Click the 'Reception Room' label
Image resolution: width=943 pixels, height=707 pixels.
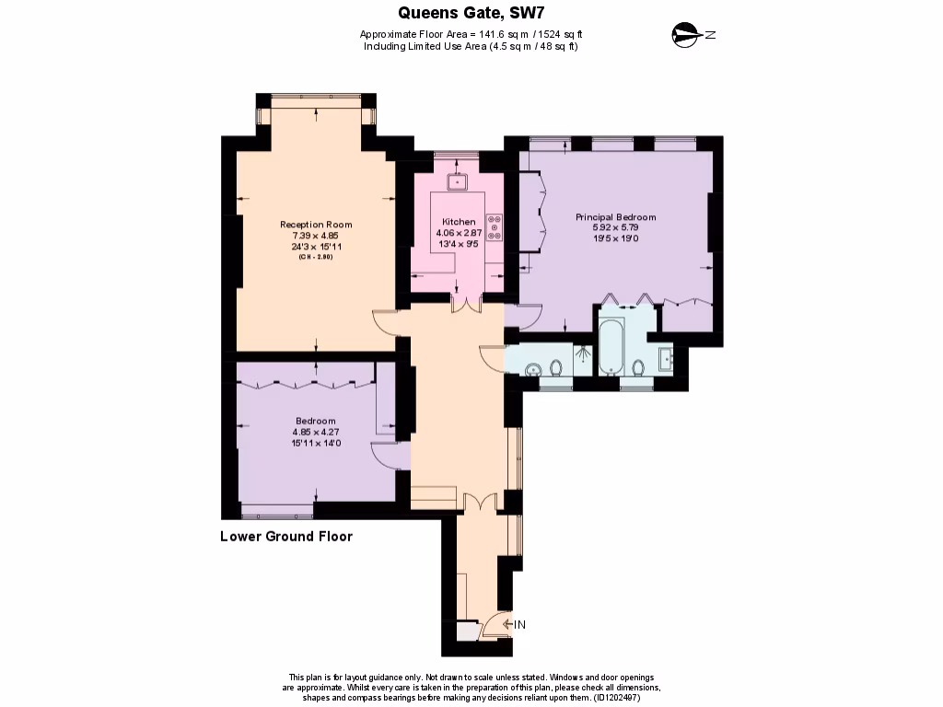point(316,225)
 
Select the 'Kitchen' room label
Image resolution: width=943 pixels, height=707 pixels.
point(459,222)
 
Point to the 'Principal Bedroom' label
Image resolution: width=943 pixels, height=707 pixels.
point(615,217)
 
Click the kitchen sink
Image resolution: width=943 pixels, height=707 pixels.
point(458,180)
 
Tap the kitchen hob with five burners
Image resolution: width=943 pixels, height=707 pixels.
point(495,226)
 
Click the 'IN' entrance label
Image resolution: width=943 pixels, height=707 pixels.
point(519,626)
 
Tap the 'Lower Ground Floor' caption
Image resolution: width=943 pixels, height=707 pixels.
point(286,537)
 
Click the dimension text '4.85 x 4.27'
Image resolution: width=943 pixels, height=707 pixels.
point(316,432)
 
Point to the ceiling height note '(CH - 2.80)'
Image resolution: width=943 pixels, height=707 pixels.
point(315,257)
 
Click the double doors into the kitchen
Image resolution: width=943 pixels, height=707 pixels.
point(466,304)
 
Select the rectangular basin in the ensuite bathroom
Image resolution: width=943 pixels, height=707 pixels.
point(666,359)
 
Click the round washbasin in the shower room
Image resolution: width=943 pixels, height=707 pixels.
point(531,370)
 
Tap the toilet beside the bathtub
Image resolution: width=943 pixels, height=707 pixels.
point(639,368)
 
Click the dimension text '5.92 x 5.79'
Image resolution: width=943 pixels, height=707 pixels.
point(615,227)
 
